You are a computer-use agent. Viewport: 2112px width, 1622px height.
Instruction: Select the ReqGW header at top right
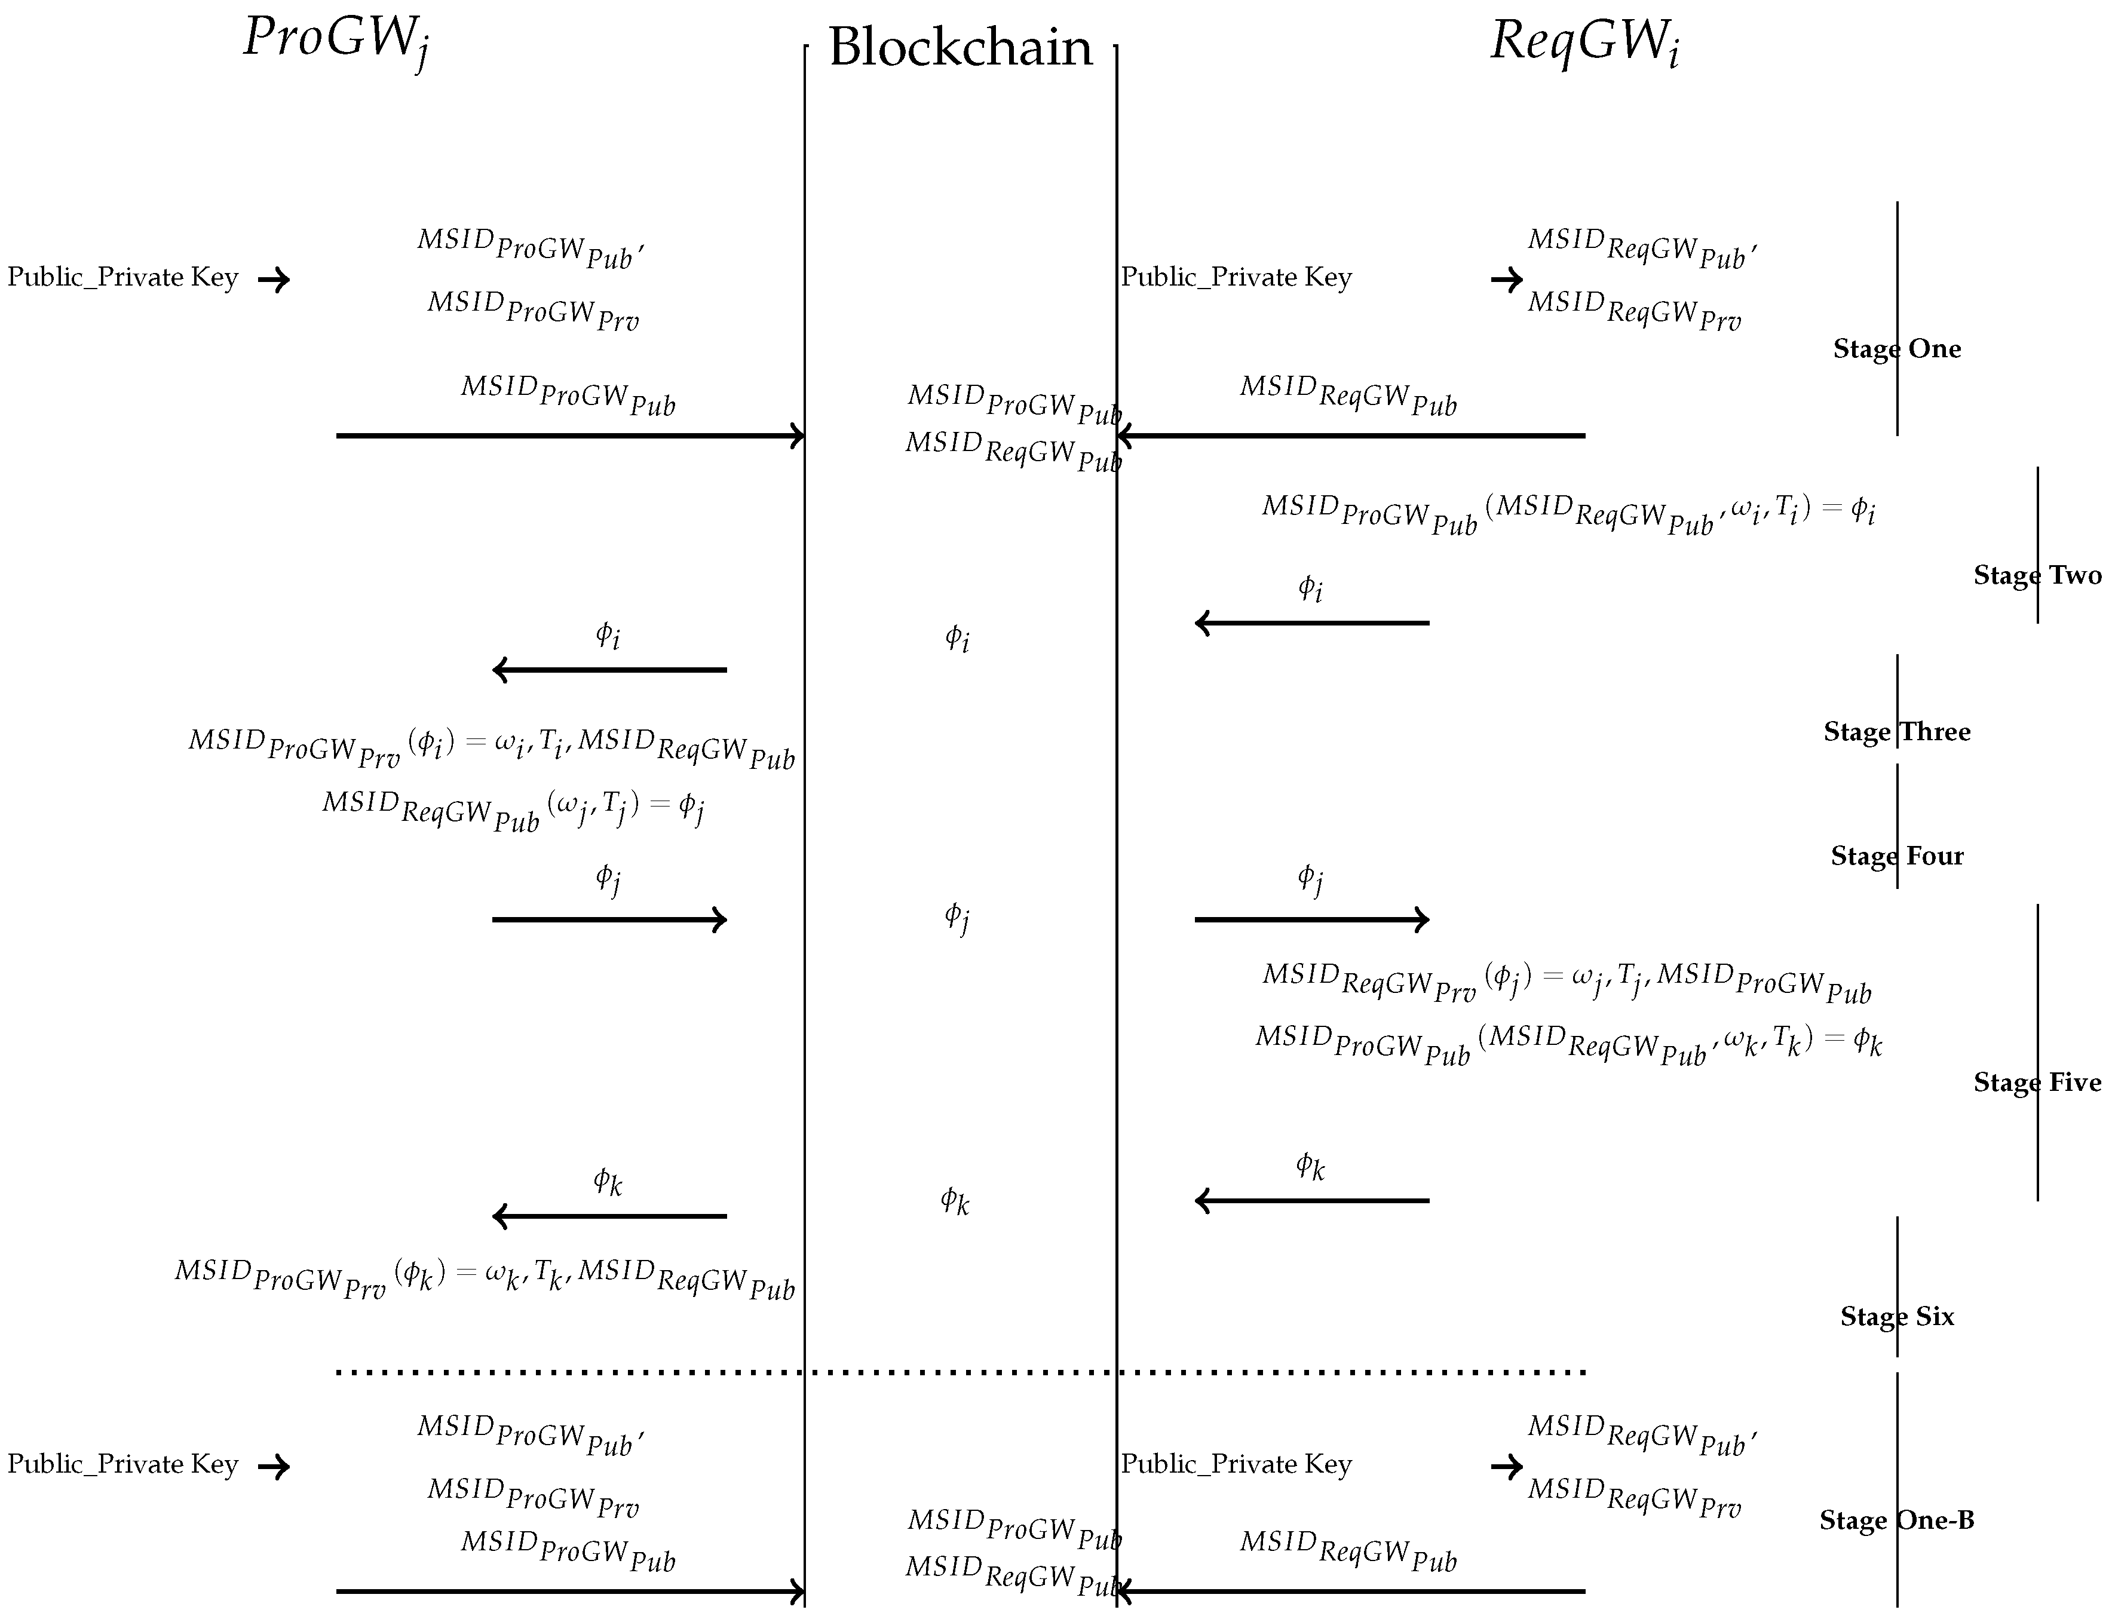[1584, 42]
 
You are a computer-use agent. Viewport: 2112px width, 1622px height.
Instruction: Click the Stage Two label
[2037, 575]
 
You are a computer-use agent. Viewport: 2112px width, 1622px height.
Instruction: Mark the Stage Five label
[2037, 1083]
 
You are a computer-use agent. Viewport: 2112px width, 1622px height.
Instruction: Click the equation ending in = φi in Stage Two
[1568, 512]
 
